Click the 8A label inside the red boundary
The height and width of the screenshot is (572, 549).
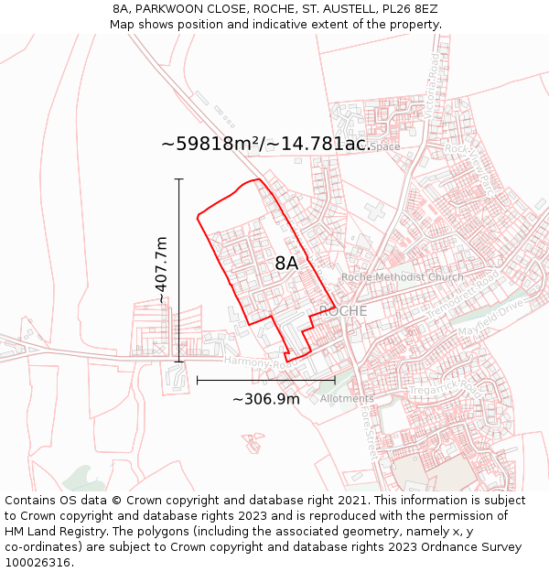[286, 264]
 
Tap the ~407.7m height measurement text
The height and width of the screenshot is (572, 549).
[162, 270]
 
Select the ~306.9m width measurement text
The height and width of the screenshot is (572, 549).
[265, 399]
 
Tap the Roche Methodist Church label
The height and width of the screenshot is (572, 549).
[402, 277]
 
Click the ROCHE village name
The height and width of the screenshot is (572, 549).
[343, 311]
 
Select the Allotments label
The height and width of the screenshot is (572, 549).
[347, 399]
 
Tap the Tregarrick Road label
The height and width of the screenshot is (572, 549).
[443, 391]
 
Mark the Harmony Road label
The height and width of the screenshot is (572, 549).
[247, 362]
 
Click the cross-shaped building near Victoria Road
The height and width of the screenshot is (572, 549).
[374, 210]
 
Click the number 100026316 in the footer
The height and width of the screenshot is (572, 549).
[38, 563]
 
